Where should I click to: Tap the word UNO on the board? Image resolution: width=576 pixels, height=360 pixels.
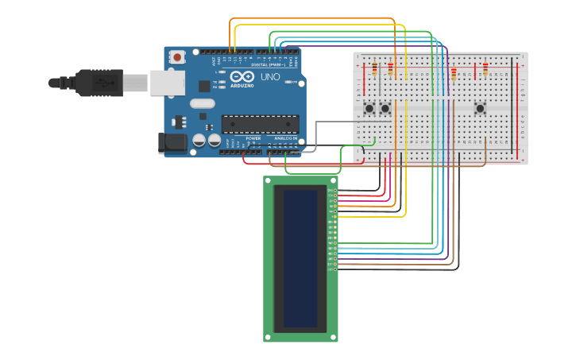(270, 76)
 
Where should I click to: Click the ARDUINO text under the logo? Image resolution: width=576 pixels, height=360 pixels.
(242, 85)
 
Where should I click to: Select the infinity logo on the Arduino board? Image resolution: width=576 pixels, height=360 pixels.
(242, 76)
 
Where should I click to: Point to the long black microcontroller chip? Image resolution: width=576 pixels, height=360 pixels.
(260, 124)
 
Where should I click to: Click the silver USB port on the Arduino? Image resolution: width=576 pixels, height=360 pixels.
(167, 83)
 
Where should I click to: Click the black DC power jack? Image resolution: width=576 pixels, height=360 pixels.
(172, 143)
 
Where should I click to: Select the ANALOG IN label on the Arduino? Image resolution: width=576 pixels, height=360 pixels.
(285, 138)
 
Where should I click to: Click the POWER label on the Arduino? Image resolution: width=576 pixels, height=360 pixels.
(253, 138)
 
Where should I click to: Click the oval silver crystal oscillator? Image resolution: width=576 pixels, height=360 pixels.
(203, 103)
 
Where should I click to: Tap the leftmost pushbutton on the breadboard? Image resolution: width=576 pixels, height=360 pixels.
(369, 108)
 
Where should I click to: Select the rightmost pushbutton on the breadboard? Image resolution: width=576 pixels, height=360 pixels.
(480, 108)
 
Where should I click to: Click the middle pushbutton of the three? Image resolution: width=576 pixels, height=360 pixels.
(385, 108)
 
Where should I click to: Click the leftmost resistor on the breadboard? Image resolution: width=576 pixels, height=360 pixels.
(374, 70)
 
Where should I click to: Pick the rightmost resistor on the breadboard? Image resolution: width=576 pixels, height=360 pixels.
(485, 70)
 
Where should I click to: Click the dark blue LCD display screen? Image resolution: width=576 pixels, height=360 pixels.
(300, 258)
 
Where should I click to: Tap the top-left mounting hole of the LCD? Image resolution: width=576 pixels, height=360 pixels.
(268, 180)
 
